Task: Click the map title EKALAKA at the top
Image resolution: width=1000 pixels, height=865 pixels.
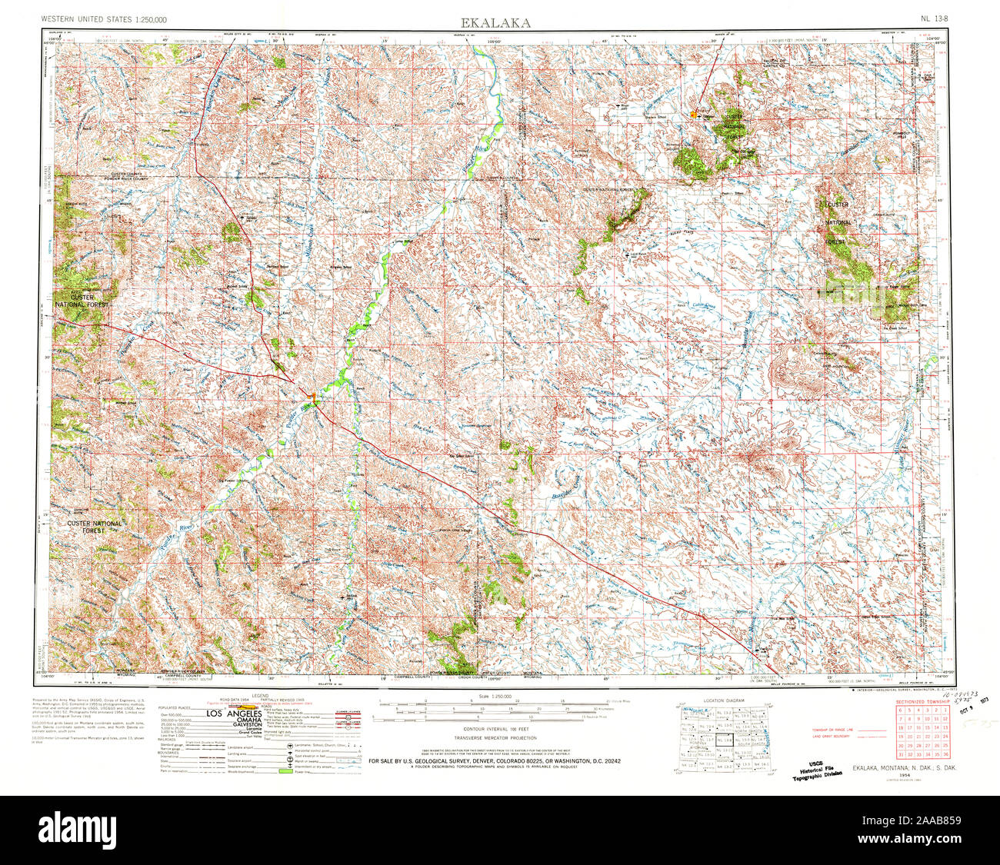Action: pyautogui.click(x=495, y=22)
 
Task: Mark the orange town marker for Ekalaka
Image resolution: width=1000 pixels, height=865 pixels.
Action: pyautogui.click(x=693, y=115)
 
